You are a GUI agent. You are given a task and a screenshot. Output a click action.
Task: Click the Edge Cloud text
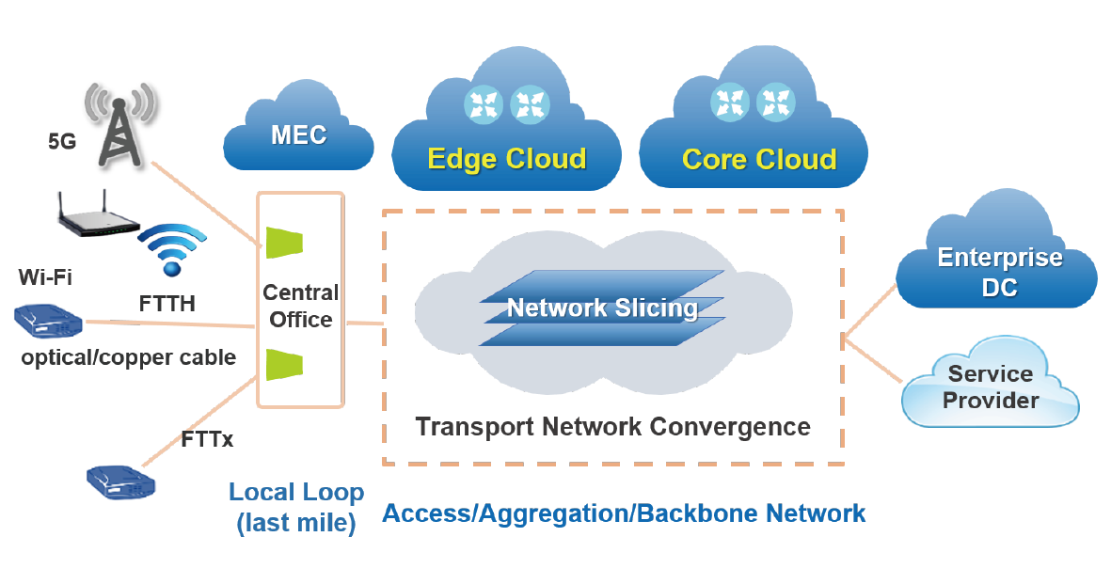pos(506,158)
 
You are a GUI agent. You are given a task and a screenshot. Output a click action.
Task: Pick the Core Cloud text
pos(758,159)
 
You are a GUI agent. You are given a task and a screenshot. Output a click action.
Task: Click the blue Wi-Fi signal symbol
pos(171,250)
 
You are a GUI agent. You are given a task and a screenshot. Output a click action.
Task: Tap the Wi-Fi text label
pos(45,277)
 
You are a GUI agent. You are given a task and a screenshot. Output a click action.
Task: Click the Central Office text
pos(301,306)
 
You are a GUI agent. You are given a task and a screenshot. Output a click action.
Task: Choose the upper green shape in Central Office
pos(283,242)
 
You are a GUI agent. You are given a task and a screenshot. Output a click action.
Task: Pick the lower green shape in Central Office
pos(283,364)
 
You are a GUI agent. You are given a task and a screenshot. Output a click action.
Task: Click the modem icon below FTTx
pos(120,482)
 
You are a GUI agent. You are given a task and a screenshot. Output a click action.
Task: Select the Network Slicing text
pos(602,308)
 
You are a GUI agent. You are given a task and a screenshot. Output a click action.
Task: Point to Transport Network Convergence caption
pos(612,427)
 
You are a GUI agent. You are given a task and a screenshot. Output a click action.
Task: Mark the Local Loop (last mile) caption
pos(295,508)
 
